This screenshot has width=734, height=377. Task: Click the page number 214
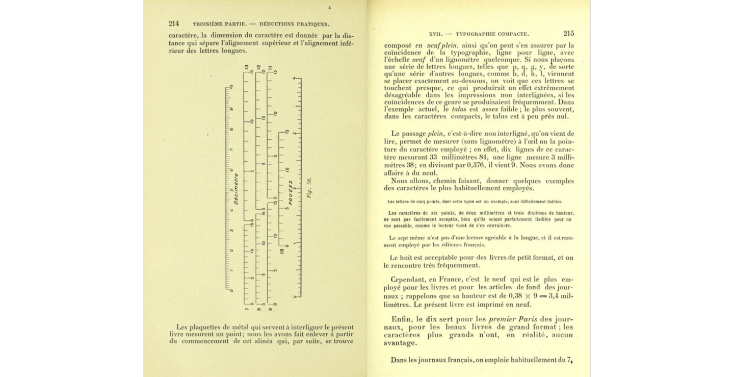173,23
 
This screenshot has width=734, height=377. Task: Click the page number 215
569,33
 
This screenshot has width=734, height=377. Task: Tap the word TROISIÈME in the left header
209,24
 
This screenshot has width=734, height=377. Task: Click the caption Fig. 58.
309,188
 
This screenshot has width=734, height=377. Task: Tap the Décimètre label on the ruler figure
236,189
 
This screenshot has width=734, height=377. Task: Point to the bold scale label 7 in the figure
246,309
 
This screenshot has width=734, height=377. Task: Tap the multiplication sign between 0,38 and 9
526,296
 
